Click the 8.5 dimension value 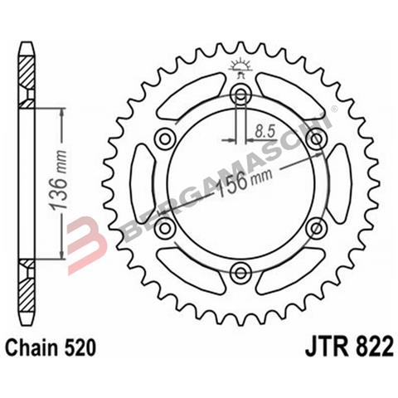pos(266,130)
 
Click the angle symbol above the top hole pos(240,66)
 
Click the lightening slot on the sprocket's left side pos(143,182)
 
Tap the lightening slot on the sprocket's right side pos(337,182)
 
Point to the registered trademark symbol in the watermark pos(334,108)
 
